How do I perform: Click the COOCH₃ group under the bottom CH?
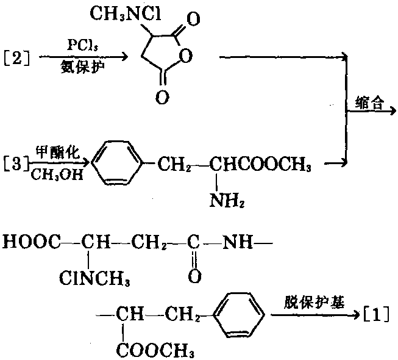coord(153,351)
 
